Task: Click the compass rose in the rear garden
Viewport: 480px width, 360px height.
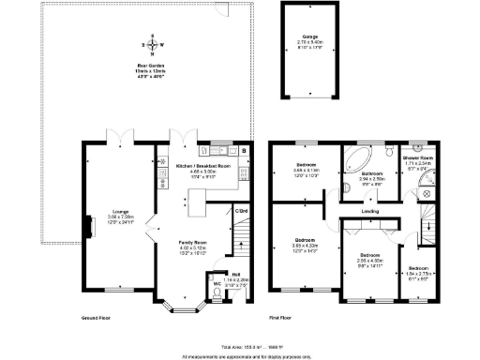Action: click(150, 44)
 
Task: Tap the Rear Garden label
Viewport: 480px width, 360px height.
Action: click(150, 70)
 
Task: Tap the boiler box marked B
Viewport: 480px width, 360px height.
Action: click(244, 150)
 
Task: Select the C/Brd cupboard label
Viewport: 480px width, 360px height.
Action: click(241, 210)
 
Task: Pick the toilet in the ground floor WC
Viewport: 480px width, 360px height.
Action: click(218, 293)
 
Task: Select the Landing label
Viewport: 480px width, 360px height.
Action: click(369, 211)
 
